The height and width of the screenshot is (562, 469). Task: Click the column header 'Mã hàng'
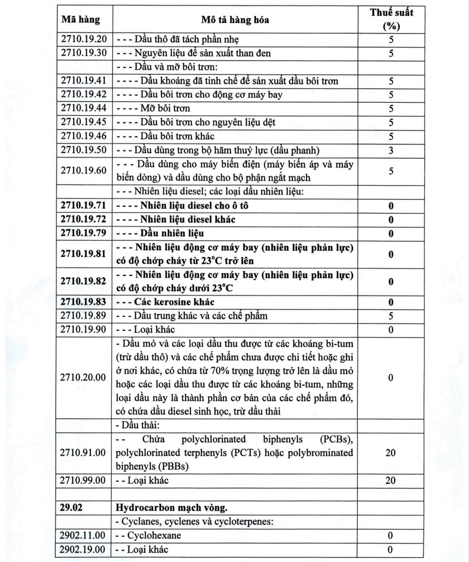[81, 20]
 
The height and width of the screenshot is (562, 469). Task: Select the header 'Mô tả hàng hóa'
[235, 20]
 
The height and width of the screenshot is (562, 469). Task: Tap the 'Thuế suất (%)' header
[391, 20]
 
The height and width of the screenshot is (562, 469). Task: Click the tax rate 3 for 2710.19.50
[391, 150]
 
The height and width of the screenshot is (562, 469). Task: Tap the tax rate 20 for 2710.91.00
[391, 453]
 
